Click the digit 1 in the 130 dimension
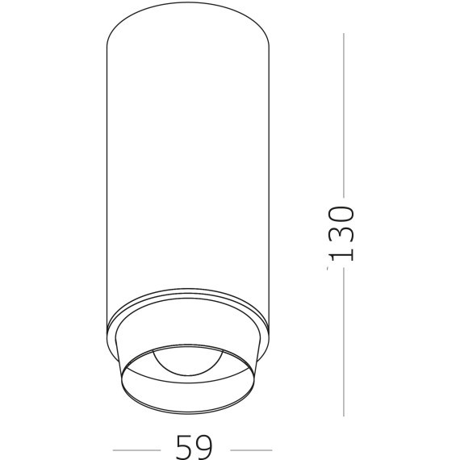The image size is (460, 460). (x=342, y=253)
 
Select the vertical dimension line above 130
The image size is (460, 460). (x=344, y=113)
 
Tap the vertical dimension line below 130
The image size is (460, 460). (x=344, y=339)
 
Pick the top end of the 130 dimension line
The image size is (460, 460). (x=344, y=34)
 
